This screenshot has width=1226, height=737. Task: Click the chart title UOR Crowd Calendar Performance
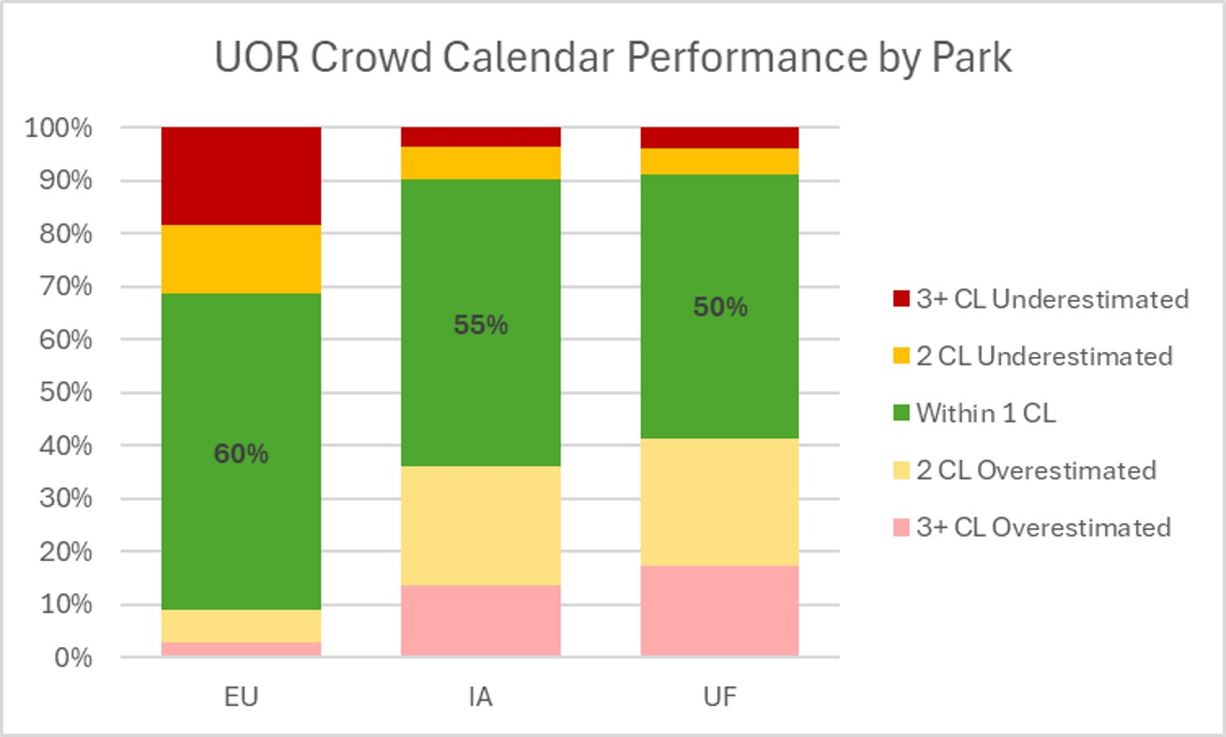pyautogui.click(x=613, y=58)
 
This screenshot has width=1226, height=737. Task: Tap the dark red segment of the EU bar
pyautogui.click(x=241, y=176)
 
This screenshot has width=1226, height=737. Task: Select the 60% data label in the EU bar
pyautogui.click(x=241, y=454)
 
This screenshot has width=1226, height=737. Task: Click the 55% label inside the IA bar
pyautogui.click(x=481, y=325)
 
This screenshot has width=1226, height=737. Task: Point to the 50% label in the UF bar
pyautogui.click(x=720, y=307)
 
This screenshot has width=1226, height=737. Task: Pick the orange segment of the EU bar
pyautogui.click(x=241, y=259)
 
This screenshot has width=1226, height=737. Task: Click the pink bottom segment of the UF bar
pyautogui.click(x=720, y=610)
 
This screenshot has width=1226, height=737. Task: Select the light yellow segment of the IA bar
pyautogui.click(x=481, y=525)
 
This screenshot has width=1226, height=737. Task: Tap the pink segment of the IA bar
pyautogui.click(x=481, y=620)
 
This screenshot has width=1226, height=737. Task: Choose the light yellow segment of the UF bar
pyautogui.click(x=720, y=502)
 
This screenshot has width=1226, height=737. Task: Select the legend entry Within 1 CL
pyautogui.click(x=985, y=413)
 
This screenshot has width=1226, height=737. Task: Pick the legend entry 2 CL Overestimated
pyautogui.click(x=1035, y=470)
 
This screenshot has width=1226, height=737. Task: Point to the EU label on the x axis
pyautogui.click(x=241, y=698)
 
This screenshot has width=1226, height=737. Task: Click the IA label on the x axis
pyautogui.click(x=481, y=698)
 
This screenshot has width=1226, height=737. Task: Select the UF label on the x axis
pyautogui.click(x=720, y=698)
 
